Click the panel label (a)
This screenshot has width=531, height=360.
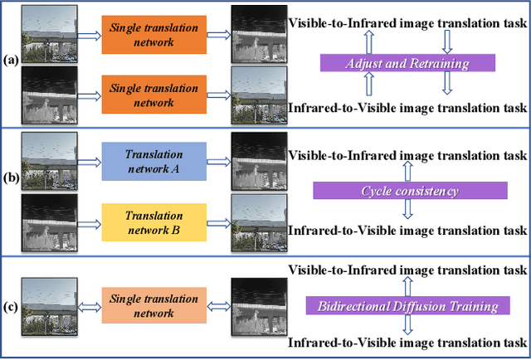11,61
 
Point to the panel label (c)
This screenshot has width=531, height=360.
11,306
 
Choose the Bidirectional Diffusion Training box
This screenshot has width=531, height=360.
407,306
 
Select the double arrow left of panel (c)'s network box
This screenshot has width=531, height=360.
90,306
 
